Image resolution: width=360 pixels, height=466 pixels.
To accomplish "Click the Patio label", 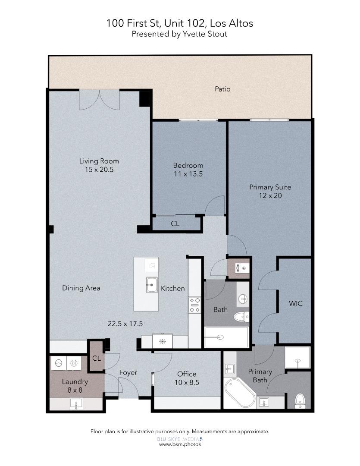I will [x=222, y=89].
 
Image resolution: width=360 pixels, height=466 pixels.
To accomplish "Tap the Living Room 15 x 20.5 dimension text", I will [x=99, y=170].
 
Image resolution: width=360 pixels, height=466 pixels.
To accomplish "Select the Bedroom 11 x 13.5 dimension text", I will [x=188, y=174].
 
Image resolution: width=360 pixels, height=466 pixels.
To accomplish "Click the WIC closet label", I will [x=295, y=303].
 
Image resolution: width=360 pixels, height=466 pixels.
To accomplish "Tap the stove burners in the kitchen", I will [x=194, y=305].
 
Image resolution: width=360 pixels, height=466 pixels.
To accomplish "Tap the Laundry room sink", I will [x=76, y=404].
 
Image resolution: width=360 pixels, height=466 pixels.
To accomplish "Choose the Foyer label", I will [x=128, y=372].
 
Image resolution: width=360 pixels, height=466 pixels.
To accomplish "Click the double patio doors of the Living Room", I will [x=99, y=100].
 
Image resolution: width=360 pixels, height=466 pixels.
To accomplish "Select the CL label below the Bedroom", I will [x=175, y=224].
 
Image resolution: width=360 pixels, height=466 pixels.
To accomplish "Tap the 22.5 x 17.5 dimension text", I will [x=125, y=323].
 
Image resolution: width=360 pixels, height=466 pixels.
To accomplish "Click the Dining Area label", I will [x=81, y=288].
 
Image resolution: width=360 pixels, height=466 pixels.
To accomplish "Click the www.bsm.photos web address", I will [x=180, y=444].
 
